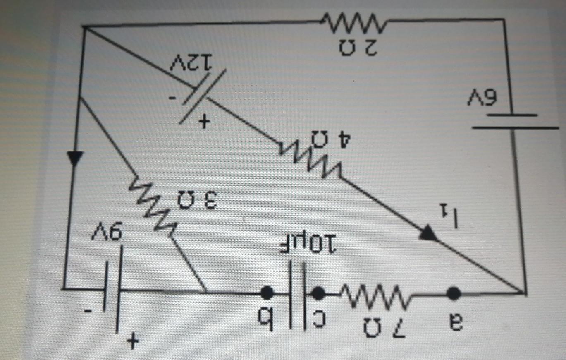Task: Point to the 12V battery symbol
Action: [203, 95]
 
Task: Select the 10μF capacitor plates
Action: [296, 293]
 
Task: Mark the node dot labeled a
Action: [454, 293]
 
